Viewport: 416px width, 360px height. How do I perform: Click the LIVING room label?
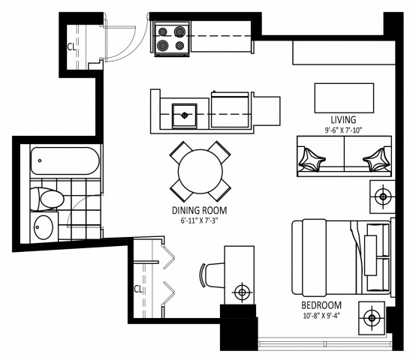point(342,119)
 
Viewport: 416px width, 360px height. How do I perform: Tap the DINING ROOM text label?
point(199,211)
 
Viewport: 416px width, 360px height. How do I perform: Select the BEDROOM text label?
point(321,305)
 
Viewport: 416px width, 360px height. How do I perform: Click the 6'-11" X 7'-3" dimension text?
point(199,221)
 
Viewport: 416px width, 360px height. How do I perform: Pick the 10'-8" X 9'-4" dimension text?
point(321,316)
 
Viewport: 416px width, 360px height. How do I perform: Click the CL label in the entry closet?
point(71,46)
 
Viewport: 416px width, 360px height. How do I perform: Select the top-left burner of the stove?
point(164,32)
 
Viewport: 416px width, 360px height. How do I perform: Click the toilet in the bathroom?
point(49,199)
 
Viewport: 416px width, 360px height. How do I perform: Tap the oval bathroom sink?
point(45,225)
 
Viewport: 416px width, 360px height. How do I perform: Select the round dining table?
point(200,171)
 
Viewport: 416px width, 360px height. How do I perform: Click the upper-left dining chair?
point(180,151)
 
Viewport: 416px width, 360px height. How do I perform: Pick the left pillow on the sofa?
point(310,158)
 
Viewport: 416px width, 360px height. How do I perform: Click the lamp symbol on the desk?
point(242,291)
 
